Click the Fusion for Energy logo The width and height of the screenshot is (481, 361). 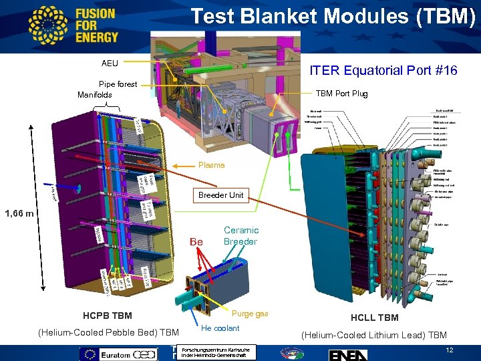pyautogui.click(x=73, y=25)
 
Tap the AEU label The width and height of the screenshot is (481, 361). pyautogui.click(x=110, y=64)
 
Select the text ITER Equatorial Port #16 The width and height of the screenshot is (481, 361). pyautogui.click(x=383, y=70)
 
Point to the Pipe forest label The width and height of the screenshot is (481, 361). pyautogui.click(x=118, y=84)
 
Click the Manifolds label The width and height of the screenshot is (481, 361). pyautogui.click(x=95, y=95)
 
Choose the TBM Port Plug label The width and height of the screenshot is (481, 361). pyautogui.click(x=341, y=94)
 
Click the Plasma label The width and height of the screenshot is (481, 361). pyautogui.click(x=211, y=165)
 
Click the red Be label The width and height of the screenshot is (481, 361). pyautogui.click(x=196, y=241)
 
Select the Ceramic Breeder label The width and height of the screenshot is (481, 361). pyautogui.click(x=240, y=235)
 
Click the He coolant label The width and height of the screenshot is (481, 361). pyautogui.click(x=220, y=328)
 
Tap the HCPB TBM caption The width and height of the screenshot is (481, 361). pyautogui.click(x=107, y=316)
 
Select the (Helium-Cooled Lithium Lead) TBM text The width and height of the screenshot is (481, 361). pyautogui.click(x=373, y=335)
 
